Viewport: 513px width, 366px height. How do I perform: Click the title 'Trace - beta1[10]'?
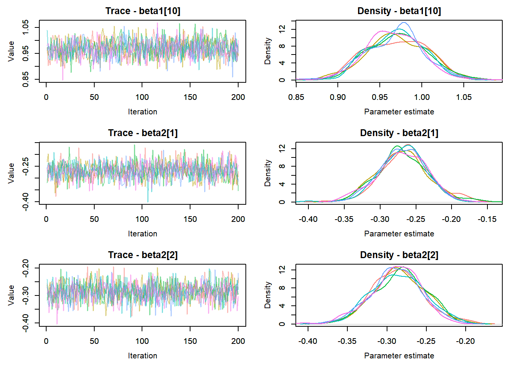(143, 11)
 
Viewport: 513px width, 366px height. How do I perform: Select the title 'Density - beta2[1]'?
(399, 133)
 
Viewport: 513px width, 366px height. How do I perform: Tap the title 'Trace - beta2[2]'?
(143, 255)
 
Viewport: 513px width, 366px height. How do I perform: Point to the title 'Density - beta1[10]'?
(399, 11)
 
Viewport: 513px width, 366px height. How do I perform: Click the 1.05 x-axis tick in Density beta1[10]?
(464, 97)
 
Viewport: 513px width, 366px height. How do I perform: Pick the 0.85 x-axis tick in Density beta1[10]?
(296, 97)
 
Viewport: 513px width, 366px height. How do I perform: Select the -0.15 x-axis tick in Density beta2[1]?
(487, 219)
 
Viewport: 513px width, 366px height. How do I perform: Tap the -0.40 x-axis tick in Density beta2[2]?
(308, 341)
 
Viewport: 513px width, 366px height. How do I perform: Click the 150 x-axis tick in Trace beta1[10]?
(190, 97)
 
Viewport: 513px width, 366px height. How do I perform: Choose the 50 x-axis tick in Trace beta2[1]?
(94, 219)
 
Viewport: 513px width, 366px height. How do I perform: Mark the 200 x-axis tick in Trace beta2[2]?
(238, 341)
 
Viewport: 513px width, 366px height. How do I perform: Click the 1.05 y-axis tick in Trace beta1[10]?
(26, 27)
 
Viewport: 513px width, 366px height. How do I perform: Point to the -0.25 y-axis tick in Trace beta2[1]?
(26, 166)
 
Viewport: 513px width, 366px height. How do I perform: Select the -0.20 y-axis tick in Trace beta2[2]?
(26, 268)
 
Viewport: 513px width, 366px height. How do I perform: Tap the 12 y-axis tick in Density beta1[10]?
(282, 29)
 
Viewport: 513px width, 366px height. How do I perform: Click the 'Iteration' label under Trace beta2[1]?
(142, 234)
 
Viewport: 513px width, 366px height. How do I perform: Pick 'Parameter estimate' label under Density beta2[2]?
(399, 356)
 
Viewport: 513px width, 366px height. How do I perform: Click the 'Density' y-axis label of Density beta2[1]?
(268, 173)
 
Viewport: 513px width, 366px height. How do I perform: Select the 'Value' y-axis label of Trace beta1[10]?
(11, 51)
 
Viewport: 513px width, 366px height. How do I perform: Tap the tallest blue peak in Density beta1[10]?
(404, 22)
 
